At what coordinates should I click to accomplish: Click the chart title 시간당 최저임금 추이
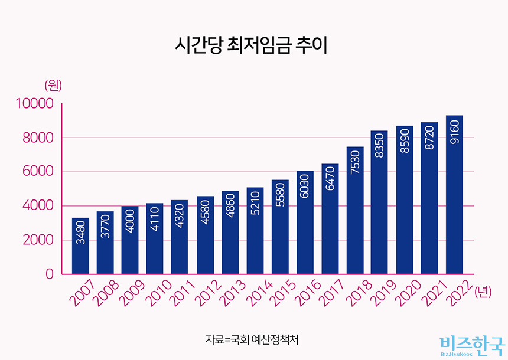(251, 45)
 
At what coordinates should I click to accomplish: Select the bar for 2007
(80, 246)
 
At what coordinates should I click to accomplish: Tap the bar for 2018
(355, 210)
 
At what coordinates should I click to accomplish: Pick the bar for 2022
(454, 195)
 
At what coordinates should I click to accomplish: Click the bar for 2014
(255, 230)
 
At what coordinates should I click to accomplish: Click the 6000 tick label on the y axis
(38, 172)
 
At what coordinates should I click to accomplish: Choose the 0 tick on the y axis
(50, 274)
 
